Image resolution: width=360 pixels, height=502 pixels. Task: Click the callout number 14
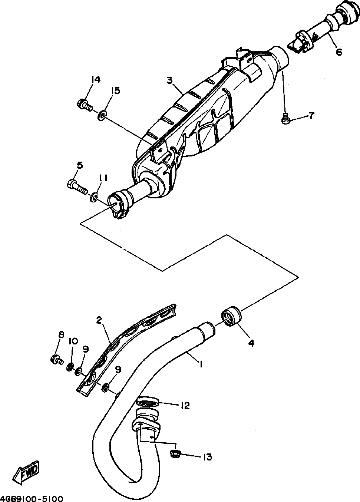click(x=95, y=79)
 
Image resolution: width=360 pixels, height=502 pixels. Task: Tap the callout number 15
click(x=116, y=91)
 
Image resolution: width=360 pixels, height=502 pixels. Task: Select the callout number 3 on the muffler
click(x=170, y=80)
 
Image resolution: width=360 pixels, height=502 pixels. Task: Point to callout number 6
click(x=339, y=52)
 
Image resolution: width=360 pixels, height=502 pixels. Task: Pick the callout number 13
click(x=207, y=457)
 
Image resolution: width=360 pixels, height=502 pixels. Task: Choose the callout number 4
click(x=251, y=343)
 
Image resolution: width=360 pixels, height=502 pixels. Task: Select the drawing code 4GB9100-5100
click(x=32, y=498)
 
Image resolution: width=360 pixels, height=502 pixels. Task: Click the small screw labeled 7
click(x=285, y=119)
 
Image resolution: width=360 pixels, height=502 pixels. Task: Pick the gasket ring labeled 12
click(x=148, y=401)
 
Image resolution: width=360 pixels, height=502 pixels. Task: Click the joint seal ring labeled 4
click(x=231, y=316)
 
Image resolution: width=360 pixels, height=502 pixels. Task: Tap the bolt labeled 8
click(x=56, y=359)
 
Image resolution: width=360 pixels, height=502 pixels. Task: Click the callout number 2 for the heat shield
click(x=99, y=320)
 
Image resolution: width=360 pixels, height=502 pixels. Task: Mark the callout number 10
click(x=72, y=341)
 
